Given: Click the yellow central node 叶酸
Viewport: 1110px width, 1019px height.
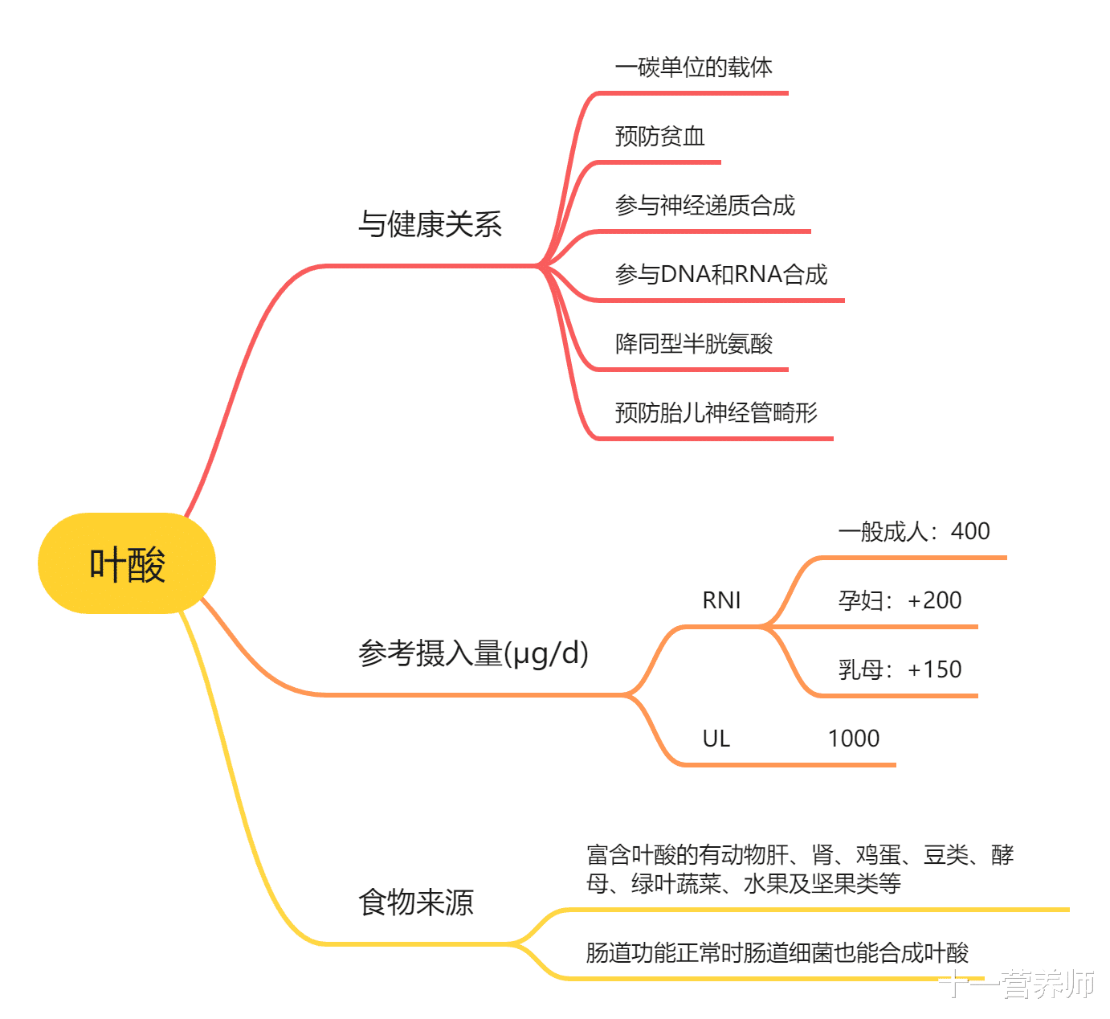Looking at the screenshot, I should [127, 563].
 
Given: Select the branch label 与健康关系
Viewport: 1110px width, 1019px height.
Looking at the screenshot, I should [430, 224].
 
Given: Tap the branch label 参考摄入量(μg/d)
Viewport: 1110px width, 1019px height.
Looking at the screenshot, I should [473, 653].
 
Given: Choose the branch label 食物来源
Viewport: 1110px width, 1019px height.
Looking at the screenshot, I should [415, 902].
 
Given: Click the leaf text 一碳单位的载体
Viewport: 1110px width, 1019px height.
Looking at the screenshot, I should [693, 68].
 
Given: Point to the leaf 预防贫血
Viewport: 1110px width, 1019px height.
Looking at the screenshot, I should [659, 137].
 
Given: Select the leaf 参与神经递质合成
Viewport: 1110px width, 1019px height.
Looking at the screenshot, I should [704, 206].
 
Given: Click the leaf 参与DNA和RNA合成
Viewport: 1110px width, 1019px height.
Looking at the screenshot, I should [720, 275].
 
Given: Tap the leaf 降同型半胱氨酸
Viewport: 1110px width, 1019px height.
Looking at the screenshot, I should [693, 344].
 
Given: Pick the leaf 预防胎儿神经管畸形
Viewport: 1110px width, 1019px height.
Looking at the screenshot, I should [716, 413].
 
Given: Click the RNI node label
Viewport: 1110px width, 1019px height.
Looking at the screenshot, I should [721, 600].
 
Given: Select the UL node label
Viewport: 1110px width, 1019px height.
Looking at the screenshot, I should [716, 739].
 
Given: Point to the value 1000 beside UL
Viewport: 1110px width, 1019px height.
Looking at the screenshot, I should [853, 739].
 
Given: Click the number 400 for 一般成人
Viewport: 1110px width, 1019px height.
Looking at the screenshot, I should [970, 531].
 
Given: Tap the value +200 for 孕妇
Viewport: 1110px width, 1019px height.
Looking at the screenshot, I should [935, 600].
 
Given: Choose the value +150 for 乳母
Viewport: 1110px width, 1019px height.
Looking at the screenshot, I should [935, 669].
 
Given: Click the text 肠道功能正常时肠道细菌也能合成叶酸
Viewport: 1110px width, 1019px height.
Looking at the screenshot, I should [777, 953].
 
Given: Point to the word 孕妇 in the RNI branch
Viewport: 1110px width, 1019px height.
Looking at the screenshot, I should [860, 600].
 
